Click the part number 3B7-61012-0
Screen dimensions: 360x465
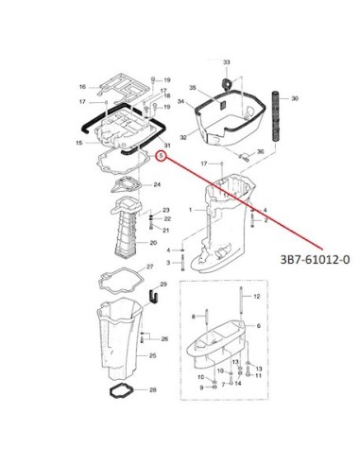click(x=315, y=259)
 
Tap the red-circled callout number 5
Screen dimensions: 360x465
click(x=162, y=156)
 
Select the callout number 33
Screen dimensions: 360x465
click(x=227, y=62)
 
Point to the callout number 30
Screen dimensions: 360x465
click(x=294, y=98)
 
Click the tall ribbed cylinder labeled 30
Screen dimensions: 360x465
click(x=276, y=116)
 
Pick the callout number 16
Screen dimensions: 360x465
click(x=82, y=87)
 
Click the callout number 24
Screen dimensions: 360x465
click(x=157, y=184)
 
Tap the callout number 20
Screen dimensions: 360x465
click(x=153, y=243)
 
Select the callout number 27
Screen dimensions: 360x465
click(x=149, y=267)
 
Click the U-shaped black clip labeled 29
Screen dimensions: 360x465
click(x=153, y=297)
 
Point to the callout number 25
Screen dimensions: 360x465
click(x=152, y=355)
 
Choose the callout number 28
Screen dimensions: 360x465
click(x=152, y=390)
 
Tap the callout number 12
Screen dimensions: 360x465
click(x=257, y=296)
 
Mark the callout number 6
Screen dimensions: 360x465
click(x=259, y=326)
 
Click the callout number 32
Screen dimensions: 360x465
click(x=183, y=137)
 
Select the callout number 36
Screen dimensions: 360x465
click(x=260, y=152)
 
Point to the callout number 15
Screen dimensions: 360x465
click(x=79, y=143)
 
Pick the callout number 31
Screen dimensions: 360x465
click(x=167, y=146)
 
